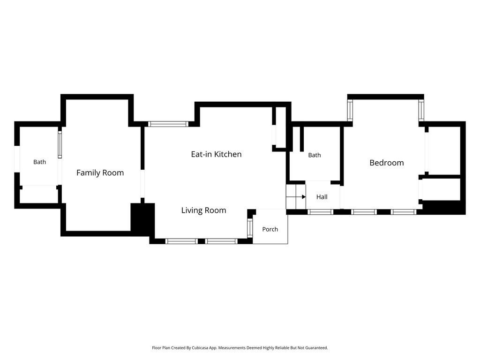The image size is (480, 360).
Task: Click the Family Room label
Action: pyautogui.click(x=100, y=173)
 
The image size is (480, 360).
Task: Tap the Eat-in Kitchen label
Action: pyautogui.click(x=216, y=154)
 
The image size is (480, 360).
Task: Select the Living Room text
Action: pyautogui.click(x=203, y=210)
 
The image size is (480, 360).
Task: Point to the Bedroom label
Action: pyautogui.click(x=387, y=163)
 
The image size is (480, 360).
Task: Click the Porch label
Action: pyautogui.click(x=270, y=229)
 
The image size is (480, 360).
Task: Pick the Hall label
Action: pyautogui.click(x=322, y=197)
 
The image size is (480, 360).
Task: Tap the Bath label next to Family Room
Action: pyautogui.click(x=39, y=162)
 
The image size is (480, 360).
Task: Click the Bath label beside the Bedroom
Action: pyautogui.click(x=315, y=155)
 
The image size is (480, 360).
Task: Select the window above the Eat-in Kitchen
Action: pyautogui.click(x=168, y=124)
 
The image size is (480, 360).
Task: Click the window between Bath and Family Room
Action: pyautogui.click(x=60, y=145)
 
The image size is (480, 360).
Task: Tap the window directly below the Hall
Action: pyautogui.click(x=320, y=212)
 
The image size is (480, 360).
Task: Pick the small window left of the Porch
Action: pyautogui.click(x=250, y=228)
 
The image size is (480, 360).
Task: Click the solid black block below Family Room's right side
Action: pyautogui.click(x=142, y=220)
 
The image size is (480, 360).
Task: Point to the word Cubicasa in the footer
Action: pyautogui.click(x=200, y=348)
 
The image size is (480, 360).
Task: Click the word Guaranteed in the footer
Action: pyautogui.click(x=317, y=348)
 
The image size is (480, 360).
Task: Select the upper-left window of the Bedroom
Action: pyautogui.click(x=350, y=110)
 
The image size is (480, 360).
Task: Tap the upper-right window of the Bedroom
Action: pyautogui.click(x=421, y=110)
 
